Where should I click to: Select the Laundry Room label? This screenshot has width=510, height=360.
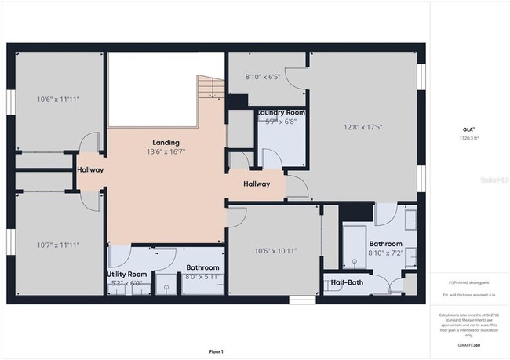281,112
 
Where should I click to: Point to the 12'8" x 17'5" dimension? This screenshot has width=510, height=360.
364,127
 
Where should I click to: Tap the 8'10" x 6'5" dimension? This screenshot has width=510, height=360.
263,77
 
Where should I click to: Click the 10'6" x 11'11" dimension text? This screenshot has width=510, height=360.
58,100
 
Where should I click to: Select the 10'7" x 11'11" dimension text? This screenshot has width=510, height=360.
58,245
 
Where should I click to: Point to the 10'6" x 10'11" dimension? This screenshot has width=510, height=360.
275,251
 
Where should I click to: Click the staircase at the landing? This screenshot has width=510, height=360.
206,88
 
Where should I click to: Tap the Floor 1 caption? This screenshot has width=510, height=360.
216,351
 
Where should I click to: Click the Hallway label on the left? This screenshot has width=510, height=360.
90,170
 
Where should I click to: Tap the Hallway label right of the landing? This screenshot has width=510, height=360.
256,184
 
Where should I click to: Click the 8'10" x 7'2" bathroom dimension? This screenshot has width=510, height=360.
385,254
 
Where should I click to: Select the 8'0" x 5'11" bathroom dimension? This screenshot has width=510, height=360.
202,277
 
